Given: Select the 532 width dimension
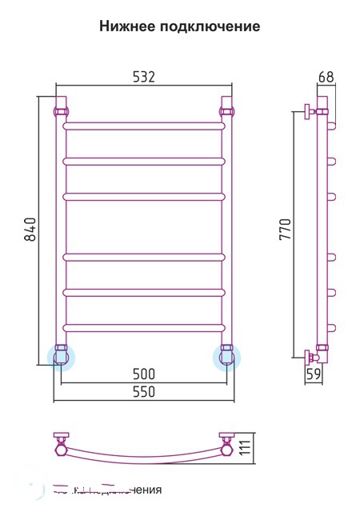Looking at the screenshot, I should click(142, 76).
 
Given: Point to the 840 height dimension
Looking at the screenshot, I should click(30, 230).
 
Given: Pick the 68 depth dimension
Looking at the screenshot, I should click(326, 78).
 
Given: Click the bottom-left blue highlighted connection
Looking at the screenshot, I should click(62, 355).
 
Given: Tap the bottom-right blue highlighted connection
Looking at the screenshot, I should click(226, 355).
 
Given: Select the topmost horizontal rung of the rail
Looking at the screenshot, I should click(144, 126).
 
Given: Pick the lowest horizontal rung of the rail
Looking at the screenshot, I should click(144, 326).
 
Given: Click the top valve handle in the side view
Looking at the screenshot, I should click(307, 111).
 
